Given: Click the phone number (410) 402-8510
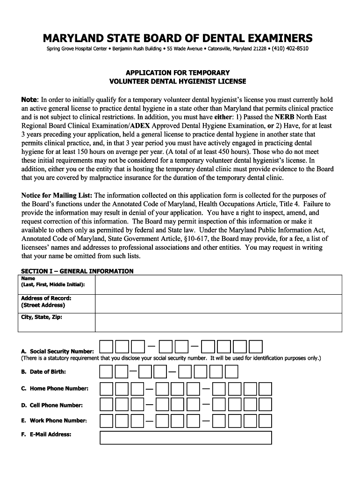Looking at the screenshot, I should click(x=290, y=49).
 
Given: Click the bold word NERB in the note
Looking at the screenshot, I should click(x=284, y=117).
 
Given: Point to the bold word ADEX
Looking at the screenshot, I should click(x=140, y=126).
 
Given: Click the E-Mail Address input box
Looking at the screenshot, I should click(x=186, y=438).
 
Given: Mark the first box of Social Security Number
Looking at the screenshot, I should click(x=106, y=347).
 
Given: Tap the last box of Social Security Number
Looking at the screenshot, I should click(x=255, y=347).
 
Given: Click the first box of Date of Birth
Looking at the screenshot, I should click(x=106, y=372).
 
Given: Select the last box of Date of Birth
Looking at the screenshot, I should click(x=231, y=372).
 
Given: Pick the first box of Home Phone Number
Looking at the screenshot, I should click(x=107, y=389).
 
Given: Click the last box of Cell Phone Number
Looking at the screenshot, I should click(x=265, y=406).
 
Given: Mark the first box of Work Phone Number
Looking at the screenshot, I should click(x=107, y=421).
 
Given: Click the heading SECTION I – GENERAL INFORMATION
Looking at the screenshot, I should click(x=77, y=271).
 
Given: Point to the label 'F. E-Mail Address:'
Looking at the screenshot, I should click(x=46, y=435).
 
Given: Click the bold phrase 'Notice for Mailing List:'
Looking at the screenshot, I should click(x=57, y=196).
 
